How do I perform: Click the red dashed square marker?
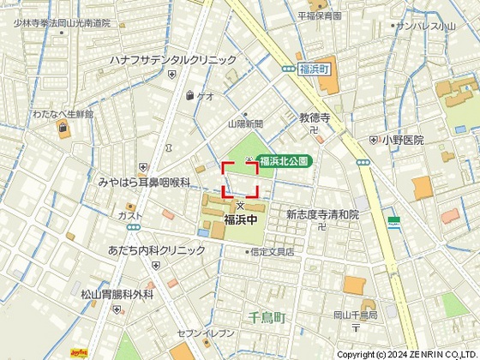coord(240,180)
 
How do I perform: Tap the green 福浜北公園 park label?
coord(284,160)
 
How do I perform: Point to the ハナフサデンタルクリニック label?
coord(172,60)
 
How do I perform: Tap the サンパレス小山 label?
coord(425,27)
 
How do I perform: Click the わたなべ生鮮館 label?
coord(62,114)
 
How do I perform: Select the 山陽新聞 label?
coord(245,124)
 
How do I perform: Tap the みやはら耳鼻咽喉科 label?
coord(143,183)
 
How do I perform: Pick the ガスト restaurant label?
coord(130,216)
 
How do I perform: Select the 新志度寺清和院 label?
coord(322,214)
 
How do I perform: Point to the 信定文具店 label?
coord(271,252)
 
